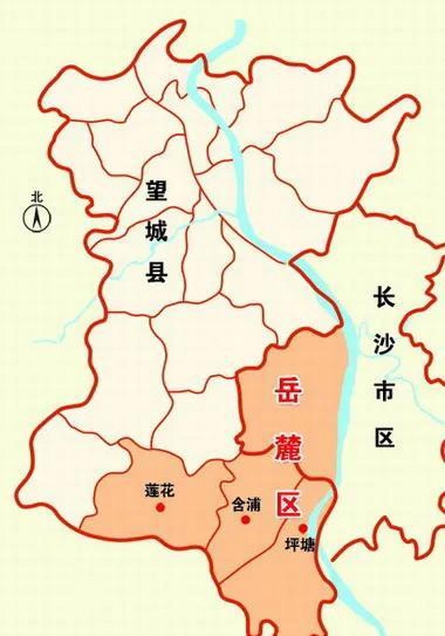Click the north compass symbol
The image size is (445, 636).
[37, 219]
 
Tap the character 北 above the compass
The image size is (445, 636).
[37, 197]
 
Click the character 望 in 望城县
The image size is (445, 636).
[156, 190]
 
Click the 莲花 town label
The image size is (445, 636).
[160, 492]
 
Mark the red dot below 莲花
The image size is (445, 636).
[160, 507]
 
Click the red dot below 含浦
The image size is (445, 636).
[245, 520]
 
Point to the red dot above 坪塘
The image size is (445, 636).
[302, 528]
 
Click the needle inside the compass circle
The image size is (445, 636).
[37, 219]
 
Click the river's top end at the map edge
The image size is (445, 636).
[240, 22]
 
